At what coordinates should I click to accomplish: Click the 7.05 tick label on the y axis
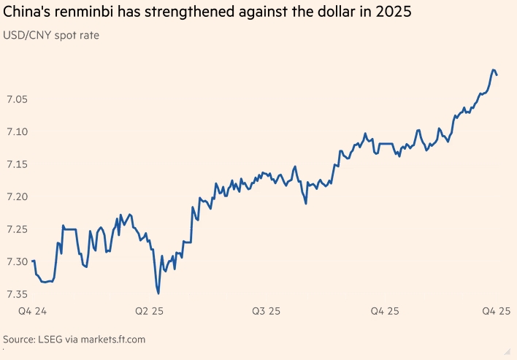pyautogui.click(x=17, y=99)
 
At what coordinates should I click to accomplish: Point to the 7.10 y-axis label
pyautogui.click(x=17, y=131)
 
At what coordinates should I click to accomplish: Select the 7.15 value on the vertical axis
pyautogui.click(x=17, y=164)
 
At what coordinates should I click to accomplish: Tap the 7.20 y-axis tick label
pyautogui.click(x=17, y=196)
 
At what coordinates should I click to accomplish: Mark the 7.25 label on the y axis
pyautogui.click(x=17, y=229)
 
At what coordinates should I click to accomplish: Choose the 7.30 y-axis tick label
pyautogui.click(x=17, y=261)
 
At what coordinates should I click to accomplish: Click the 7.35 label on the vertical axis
pyautogui.click(x=17, y=294)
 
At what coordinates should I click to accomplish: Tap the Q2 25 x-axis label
pyautogui.click(x=150, y=312)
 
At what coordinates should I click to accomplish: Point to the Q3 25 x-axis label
pyautogui.click(x=267, y=312)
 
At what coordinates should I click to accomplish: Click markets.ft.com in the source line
pyautogui.click(x=114, y=340)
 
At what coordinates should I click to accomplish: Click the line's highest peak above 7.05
pyautogui.click(x=494, y=69)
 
